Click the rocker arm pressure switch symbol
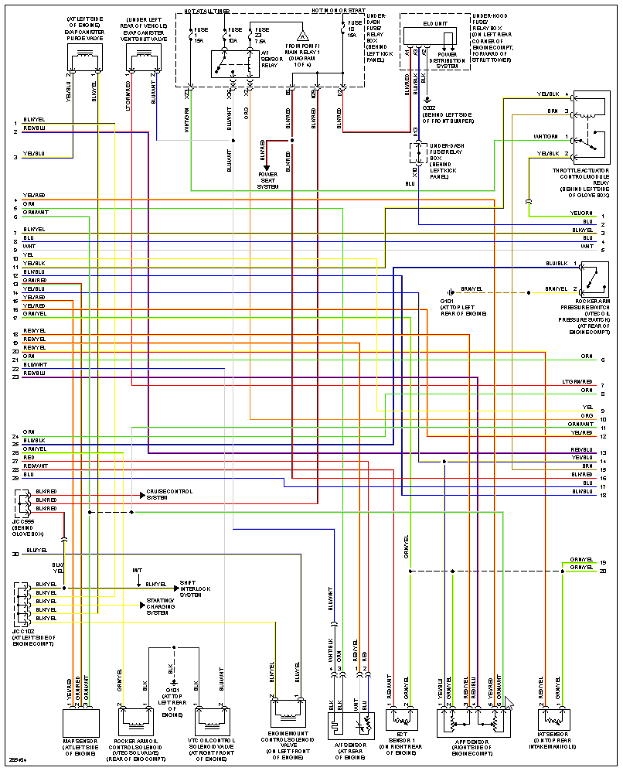tap(594, 279)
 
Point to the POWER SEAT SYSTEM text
tap(268, 180)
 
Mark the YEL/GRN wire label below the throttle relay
tap(581, 213)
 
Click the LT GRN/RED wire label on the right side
tap(577, 382)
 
